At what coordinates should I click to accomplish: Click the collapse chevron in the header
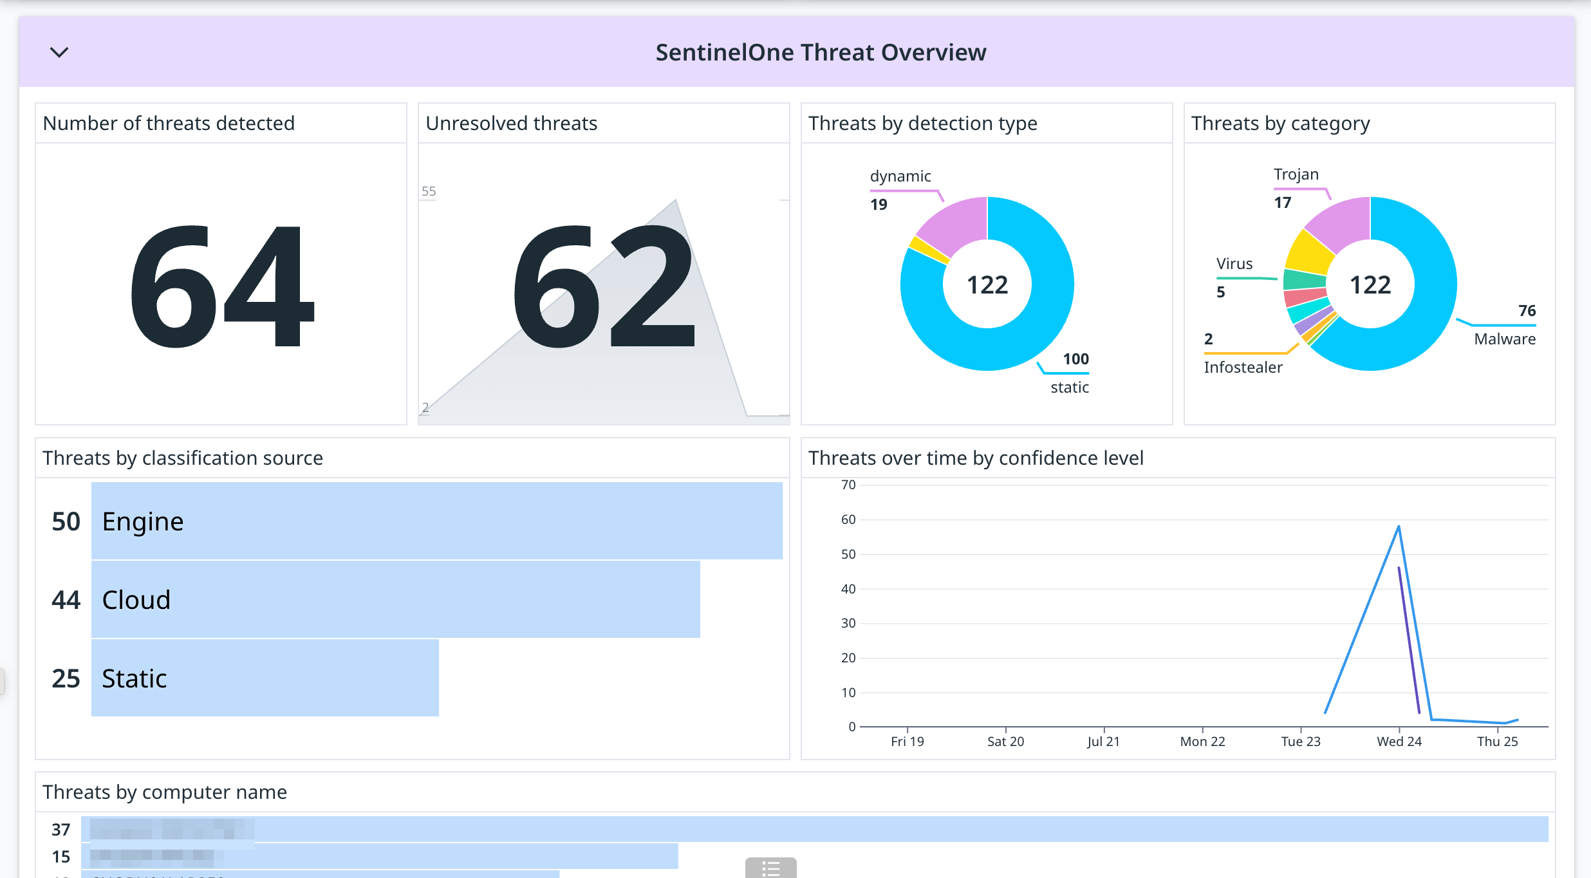(59, 52)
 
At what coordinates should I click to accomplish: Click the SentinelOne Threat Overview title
(821, 52)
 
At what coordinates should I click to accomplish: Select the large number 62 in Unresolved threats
(604, 286)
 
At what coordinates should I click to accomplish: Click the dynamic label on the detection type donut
(900, 176)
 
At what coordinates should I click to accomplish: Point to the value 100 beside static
(1075, 359)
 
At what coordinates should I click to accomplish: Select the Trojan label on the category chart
(1296, 174)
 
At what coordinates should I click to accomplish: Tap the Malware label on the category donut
(1504, 339)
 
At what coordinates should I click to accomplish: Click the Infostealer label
(1243, 368)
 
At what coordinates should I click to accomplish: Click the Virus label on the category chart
(1234, 264)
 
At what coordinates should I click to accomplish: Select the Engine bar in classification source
(436, 521)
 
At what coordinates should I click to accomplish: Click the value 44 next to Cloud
(66, 600)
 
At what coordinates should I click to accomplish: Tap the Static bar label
(135, 678)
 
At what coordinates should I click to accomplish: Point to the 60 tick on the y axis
(848, 519)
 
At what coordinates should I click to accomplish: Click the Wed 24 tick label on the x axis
(1399, 742)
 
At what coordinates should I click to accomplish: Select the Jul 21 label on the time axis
(1103, 742)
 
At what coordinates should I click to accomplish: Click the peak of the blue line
(1399, 527)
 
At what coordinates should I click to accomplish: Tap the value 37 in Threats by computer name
(60, 830)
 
